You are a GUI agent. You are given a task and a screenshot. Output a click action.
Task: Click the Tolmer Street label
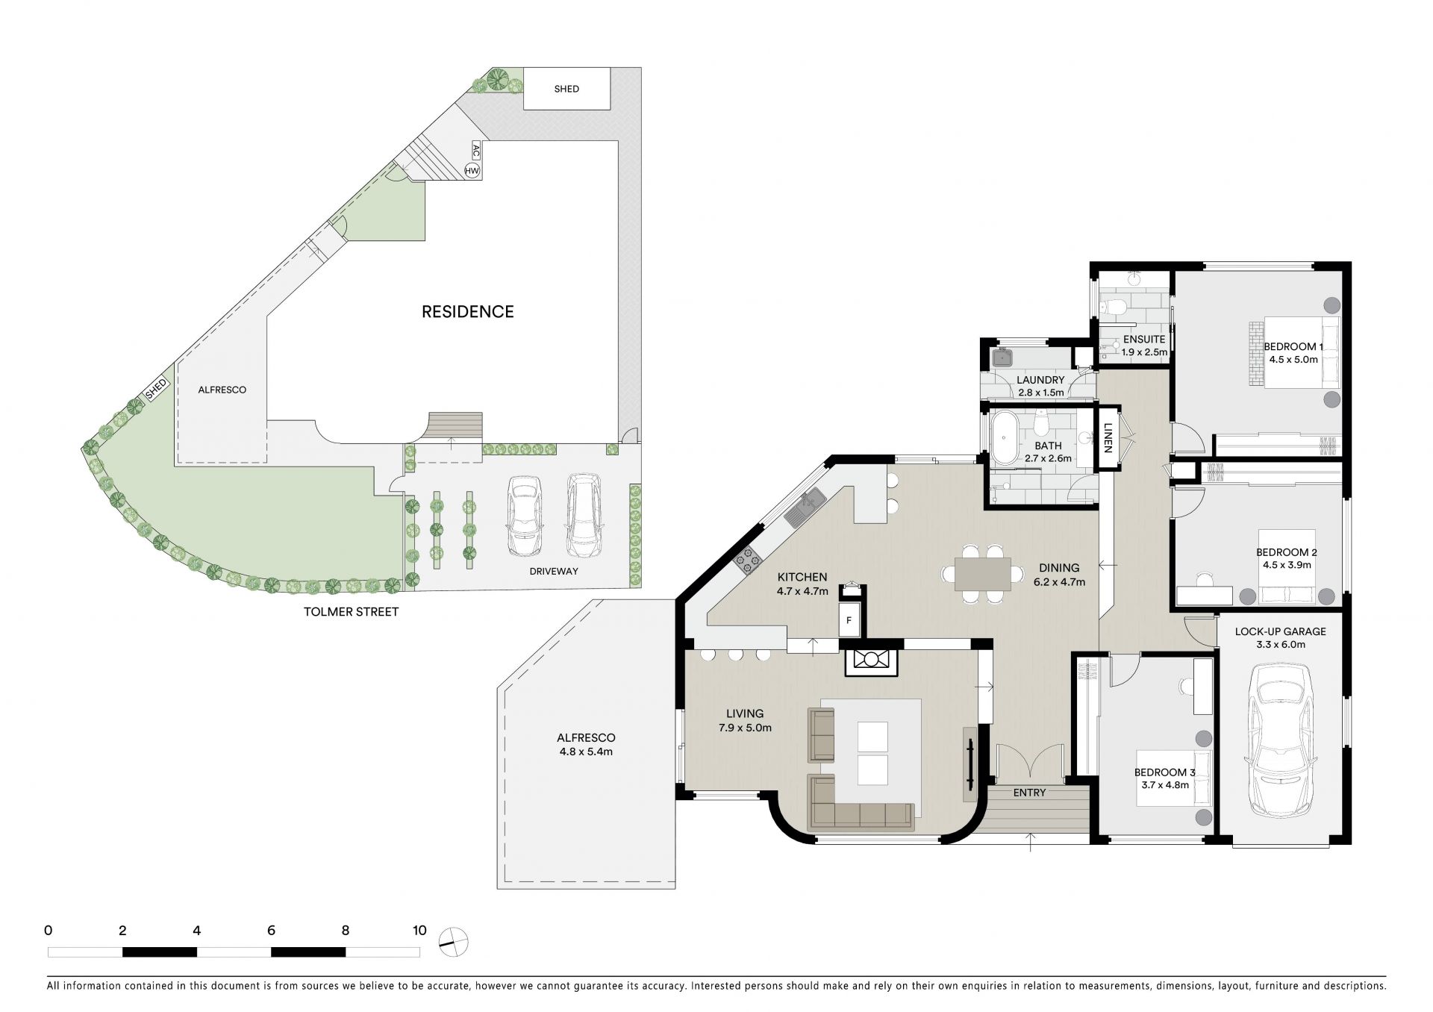click(x=351, y=612)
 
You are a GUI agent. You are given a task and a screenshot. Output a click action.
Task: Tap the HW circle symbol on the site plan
click(x=472, y=171)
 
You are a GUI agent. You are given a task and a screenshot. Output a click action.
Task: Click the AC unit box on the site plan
click(x=475, y=151)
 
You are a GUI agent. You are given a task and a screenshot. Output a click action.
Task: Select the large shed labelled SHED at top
click(x=567, y=89)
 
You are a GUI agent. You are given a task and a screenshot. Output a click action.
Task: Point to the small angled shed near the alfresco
click(x=156, y=389)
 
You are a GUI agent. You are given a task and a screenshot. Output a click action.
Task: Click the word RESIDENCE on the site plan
click(x=468, y=312)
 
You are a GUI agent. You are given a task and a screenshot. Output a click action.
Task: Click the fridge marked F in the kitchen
click(x=849, y=620)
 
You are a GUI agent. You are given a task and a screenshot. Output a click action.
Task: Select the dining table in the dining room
click(x=983, y=573)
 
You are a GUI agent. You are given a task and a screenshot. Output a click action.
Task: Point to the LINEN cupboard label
click(x=1108, y=439)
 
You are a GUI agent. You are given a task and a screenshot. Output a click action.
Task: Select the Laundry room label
click(x=1040, y=380)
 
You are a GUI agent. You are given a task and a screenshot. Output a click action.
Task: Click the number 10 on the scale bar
click(x=419, y=931)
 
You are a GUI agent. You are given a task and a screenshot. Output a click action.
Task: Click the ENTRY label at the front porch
click(x=1029, y=793)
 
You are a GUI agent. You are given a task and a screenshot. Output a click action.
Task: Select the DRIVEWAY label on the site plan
click(x=554, y=572)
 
